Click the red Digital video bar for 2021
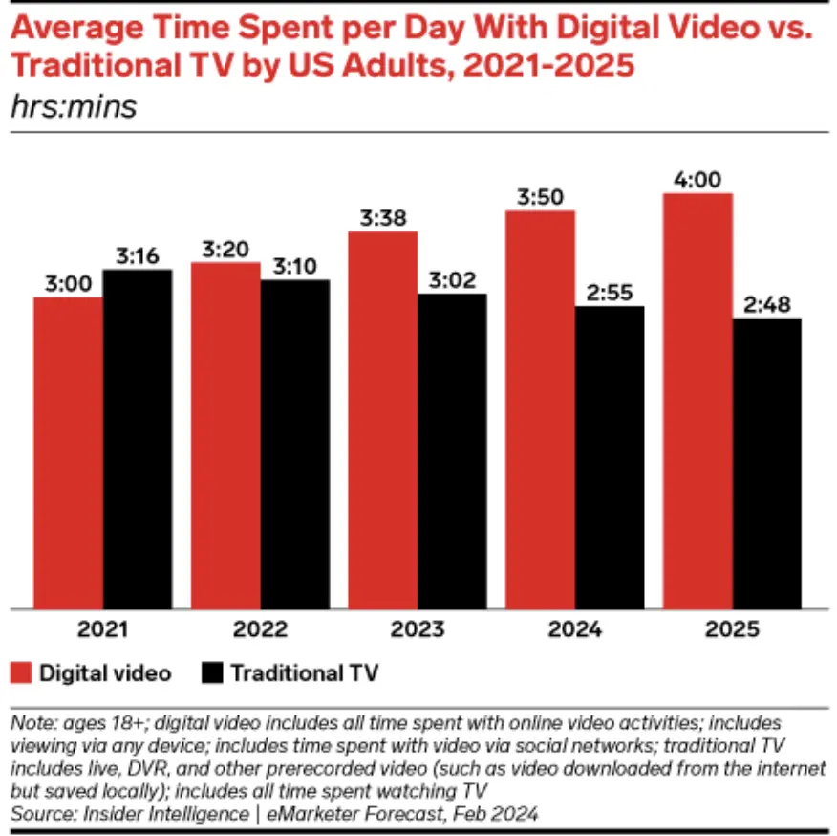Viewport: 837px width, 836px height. pyautogui.click(x=68, y=452)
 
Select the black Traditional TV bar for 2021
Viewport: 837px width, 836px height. pyautogui.click(x=138, y=439)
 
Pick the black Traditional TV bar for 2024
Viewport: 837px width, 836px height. pyautogui.click(x=610, y=457)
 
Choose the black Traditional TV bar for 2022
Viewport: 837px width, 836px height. pyautogui.click(x=294, y=444)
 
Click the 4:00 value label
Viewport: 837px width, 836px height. pyautogui.click(x=697, y=179)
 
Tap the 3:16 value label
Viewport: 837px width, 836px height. pyautogui.click(x=138, y=255)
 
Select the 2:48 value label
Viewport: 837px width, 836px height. pyautogui.click(x=767, y=304)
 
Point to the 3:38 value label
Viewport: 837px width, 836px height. pyautogui.click(x=382, y=217)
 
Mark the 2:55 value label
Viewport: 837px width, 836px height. pyautogui.click(x=610, y=292)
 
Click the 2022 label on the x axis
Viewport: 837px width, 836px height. pyautogui.click(x=260, y=629)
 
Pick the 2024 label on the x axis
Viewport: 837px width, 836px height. pyautogui.click(x=574, y=629)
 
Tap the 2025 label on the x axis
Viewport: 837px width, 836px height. pyautogui.click(x=732, y=629)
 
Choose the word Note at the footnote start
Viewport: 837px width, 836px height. pyautogui.click(x=30, y=722)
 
